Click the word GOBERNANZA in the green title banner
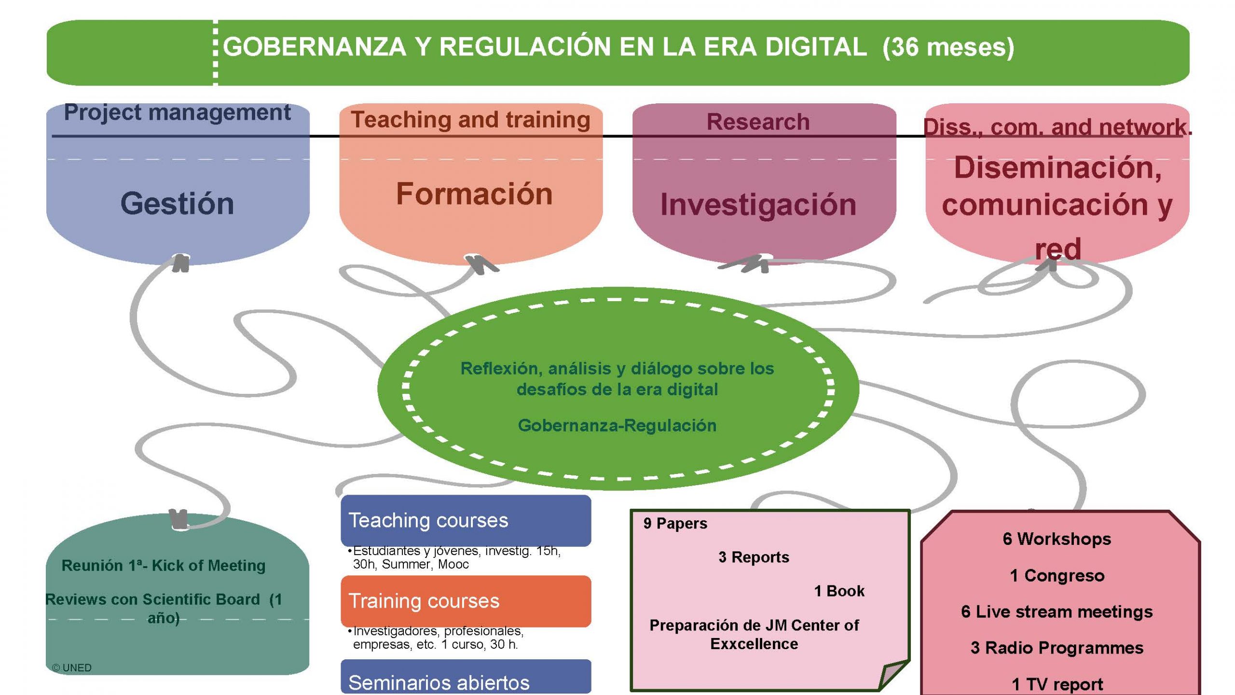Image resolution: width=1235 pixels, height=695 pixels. coord(315,47)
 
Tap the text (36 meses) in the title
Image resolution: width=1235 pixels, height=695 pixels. coord(948,48)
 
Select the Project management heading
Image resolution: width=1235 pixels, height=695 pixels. coord(177,112)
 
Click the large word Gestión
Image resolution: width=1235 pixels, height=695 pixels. coord(177,203)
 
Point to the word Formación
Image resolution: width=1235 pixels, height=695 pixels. coord(474,194)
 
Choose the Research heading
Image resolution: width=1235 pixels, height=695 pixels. coord(758,122)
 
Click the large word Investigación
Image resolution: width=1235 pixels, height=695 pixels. coord(758,205)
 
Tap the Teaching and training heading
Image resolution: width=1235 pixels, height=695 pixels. coord(470,120)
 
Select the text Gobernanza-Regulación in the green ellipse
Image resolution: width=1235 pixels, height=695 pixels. coord(617,425)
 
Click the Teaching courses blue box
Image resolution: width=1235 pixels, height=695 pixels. coord(466,521)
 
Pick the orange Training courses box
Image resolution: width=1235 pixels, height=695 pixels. coord(466,601)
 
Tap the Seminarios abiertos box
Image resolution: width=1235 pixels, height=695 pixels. coord(466,678)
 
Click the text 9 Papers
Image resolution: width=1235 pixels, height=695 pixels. coord(675,524)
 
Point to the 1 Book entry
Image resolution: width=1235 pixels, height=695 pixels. coord(839,591)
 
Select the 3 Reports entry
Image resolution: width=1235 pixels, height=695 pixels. coord(754,557)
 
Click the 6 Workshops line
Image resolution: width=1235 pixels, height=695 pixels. coord(1057,539)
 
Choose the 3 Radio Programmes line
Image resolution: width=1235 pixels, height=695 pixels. coord(1057,648)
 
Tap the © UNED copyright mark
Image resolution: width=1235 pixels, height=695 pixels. coord(71,668)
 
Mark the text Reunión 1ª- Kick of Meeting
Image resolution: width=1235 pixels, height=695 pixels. coord(164,566)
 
